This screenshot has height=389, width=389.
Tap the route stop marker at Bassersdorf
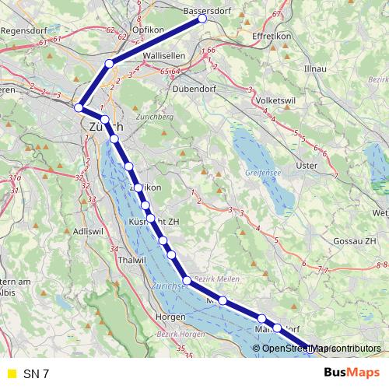(202, 19)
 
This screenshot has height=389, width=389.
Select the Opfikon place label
(149, 30)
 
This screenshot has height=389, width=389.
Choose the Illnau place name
(316, 68)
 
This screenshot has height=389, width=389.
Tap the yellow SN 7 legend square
(10, 373)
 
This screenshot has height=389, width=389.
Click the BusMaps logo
(352, 373)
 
